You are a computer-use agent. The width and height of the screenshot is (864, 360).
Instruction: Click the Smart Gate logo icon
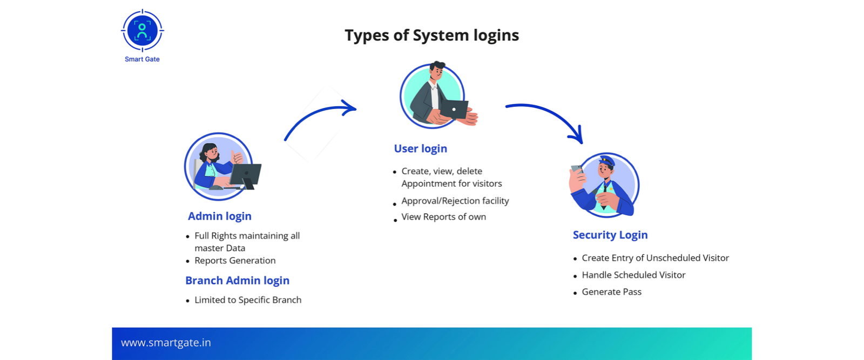tap(142, 31)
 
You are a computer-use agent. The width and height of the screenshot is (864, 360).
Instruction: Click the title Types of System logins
tap(431, 36)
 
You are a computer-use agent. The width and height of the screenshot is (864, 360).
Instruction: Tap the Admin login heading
tap(219, 216)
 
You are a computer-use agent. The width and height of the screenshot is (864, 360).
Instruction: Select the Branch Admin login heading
tap(237, 280)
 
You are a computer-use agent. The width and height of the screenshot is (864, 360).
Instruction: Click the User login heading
tap(420, 148)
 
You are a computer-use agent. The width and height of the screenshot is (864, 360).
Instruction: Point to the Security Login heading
tap(610, 235)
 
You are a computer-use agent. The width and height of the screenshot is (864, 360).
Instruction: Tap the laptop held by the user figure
tap(454, 109)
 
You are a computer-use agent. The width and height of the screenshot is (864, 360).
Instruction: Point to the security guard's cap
tap(606, 161)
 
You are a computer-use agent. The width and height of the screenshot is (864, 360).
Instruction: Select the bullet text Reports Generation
tap(235, 260)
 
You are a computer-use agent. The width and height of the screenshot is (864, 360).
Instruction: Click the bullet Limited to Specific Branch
tap(248, 300)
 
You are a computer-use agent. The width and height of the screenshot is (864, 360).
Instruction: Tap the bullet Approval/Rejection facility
tap(455, 201)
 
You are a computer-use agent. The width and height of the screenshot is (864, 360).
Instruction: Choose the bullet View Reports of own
tap(443, 217)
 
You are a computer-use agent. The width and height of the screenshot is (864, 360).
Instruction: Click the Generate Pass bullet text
tap(611, 292)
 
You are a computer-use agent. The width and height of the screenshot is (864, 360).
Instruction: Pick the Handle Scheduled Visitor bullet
tap(633, 275)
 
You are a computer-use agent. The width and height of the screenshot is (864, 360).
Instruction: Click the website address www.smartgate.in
tap(166, 343)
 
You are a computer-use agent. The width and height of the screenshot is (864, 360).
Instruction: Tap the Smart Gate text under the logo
tap(142, 59)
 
